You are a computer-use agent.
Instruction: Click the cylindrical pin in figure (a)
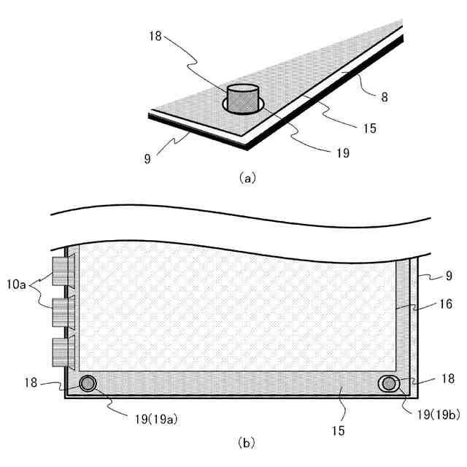[243, 99]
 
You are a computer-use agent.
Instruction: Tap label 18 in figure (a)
[155, 36]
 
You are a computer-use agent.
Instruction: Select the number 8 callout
[385, 97]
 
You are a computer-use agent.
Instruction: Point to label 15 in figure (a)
[370, 128]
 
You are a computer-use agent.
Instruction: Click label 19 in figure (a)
[343, 153]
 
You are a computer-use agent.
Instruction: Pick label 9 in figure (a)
[147, 159]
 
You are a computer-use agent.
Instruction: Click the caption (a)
[247, 178]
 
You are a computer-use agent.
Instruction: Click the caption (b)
[247, 443]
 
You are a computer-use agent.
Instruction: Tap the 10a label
[16, 285]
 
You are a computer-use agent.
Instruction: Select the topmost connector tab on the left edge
[63, 271]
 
